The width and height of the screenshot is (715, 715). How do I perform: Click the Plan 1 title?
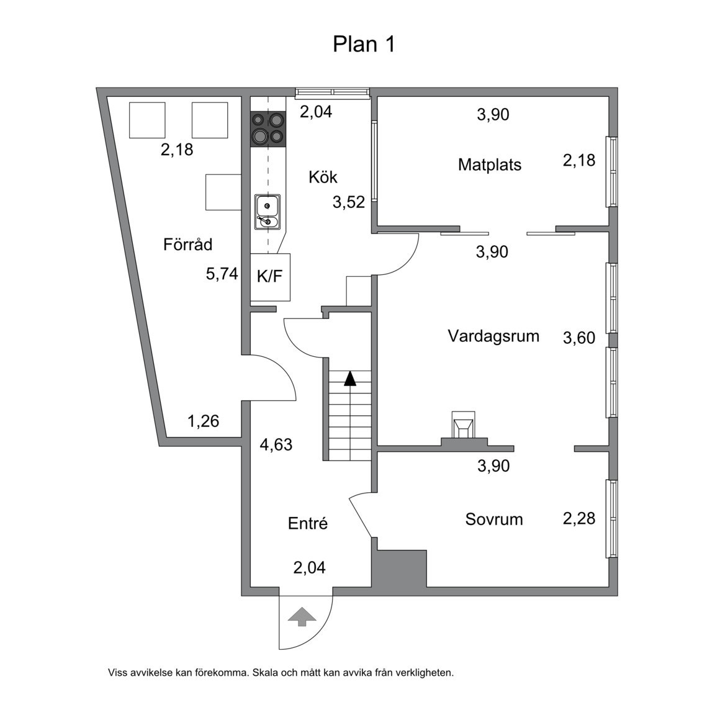pyautogui.click(x=364, y=45)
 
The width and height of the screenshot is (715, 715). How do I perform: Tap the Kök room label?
pyautogui.click(x=323, y=178)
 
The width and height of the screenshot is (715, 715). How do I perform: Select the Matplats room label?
pyautogui.click(x=489, y=165)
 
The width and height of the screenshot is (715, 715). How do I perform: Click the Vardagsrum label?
pyautogui.click(x=493, y=336)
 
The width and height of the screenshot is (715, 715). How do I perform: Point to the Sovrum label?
pyautogui.click(x=494, y=519)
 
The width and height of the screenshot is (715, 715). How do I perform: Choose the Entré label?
pyautogui.click(x=307, y=524)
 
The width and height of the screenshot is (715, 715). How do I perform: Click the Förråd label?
pyautogui.click(x=187, y=245)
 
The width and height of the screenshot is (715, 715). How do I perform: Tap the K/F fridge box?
pyautogui.click(x=270, y=277)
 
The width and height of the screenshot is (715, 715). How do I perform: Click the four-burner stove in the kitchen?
pyautogui.click(x=267, y=128)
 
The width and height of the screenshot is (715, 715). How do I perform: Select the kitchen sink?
pyautogui.click(x=267, y=212)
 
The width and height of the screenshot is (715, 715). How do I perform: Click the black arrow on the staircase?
pyautogui.click(x=350, y=379)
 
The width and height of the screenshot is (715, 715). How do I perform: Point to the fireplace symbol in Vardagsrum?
pyautogui.click(x=464, y=428)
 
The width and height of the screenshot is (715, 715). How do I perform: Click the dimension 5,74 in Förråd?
pyautogui.click(x=222, y=274)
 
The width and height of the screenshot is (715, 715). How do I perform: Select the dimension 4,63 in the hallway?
pyautogui.click(x=276, y=445)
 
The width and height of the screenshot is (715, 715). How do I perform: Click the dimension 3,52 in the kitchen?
pyautogui.click(x=348, y=202)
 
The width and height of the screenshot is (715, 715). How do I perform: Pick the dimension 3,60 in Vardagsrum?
pyautogui.click(x=578, y=338)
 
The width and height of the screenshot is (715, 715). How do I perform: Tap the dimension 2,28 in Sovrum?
pyautogui.click(x=578, y=518)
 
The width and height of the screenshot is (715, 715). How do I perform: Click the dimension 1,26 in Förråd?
pyautogui.click(x=203, y=421)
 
